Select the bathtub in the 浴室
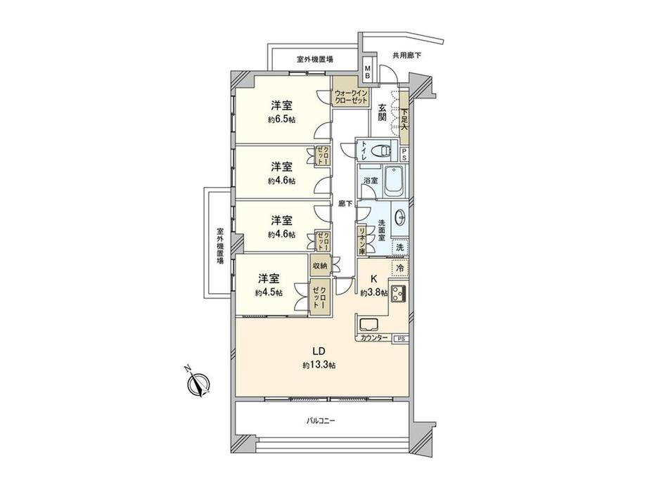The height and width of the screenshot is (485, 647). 395,182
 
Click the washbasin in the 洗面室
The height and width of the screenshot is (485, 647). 400,218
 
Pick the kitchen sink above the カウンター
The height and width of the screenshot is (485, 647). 369,325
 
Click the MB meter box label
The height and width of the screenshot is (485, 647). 367,73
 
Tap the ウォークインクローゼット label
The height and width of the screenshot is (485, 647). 351,96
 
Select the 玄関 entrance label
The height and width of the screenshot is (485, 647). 383,112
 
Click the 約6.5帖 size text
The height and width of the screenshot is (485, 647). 281,119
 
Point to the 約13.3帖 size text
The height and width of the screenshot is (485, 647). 319,365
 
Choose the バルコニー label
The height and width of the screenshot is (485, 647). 321,421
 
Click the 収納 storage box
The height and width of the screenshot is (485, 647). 320,266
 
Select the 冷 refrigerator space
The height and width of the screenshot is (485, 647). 399,267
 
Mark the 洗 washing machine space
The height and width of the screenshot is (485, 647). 400,247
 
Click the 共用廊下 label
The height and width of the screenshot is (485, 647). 407,56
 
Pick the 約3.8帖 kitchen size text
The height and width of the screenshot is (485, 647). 374,293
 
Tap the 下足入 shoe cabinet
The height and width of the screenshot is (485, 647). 404,118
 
